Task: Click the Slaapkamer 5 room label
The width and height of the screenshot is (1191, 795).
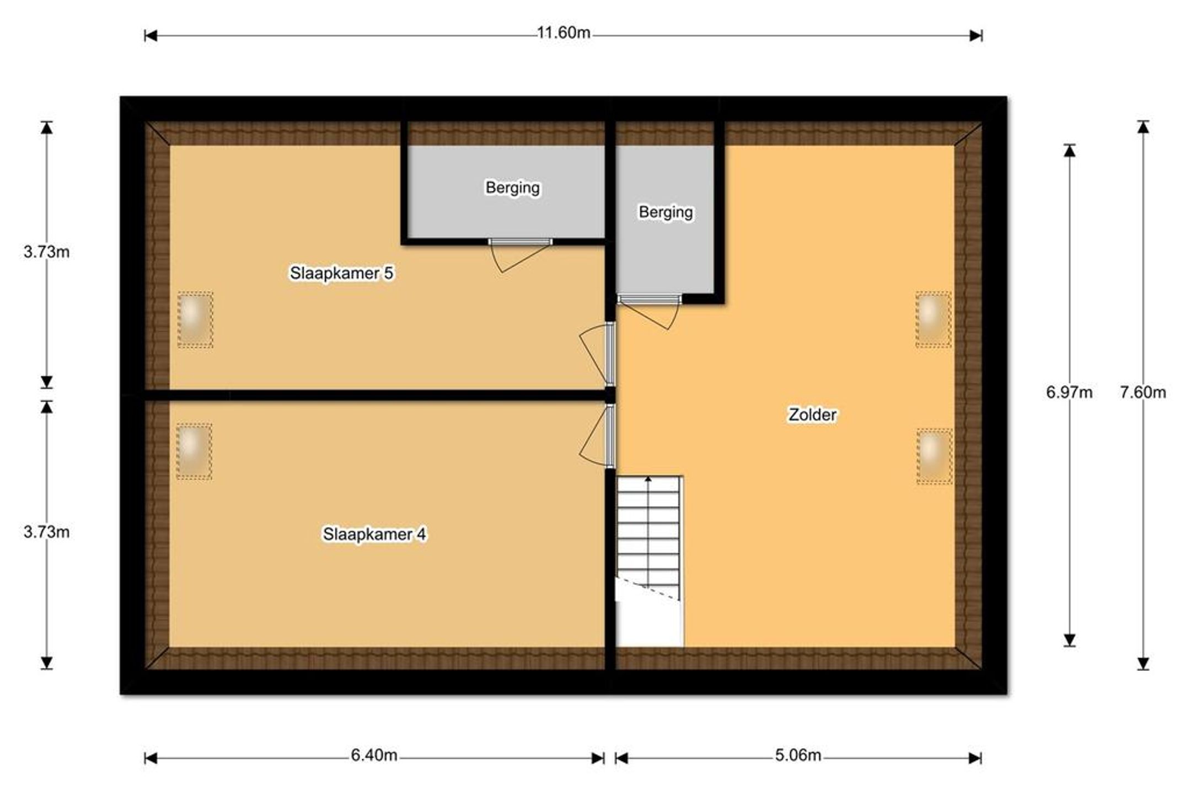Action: pyautogui.click(x=341, y=273)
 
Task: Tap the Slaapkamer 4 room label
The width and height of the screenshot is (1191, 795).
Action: pyautogui.click(x=374, y=534)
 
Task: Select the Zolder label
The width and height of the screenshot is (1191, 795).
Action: pyautogui.click(x=812, y=414)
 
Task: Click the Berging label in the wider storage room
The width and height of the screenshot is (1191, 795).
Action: pyautogui.click(x=512, y=188)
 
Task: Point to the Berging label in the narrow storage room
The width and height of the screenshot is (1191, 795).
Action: pyautogui.click(x=666, y=212)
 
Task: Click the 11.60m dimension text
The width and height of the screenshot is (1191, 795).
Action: pyautogui.click(x=564, y=33)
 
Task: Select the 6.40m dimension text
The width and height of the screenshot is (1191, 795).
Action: pyautogui.click(x=374, y=755)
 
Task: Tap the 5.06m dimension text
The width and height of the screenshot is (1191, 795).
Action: pyautogui.click(x=798, y=755)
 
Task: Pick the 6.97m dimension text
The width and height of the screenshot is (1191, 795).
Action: pyautogui.click(x=1069, y=392)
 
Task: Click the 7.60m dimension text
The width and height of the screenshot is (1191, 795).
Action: pyautogui.click(x=1143, y=392)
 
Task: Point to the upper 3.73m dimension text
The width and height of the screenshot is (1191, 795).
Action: pyautogui.click(x=46, y=252)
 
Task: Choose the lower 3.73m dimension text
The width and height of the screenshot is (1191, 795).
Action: pyautogui.click(x=46, y=532)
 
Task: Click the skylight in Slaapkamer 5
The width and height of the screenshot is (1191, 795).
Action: pyautogui.click(x=195, y=319)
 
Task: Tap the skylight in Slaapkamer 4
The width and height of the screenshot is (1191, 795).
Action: pyautogui.click(x=194, y=451)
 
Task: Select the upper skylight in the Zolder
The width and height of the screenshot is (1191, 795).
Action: pyautogui.click(x=934, y=319)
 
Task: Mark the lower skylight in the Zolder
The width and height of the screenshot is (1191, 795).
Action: pyautogui.click(x=935, y=457)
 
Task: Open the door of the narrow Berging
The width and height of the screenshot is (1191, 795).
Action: pyautogui.click(x=649, y=312)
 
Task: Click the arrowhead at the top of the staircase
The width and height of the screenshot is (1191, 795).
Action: pyautogui.click(x=648, y=479)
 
